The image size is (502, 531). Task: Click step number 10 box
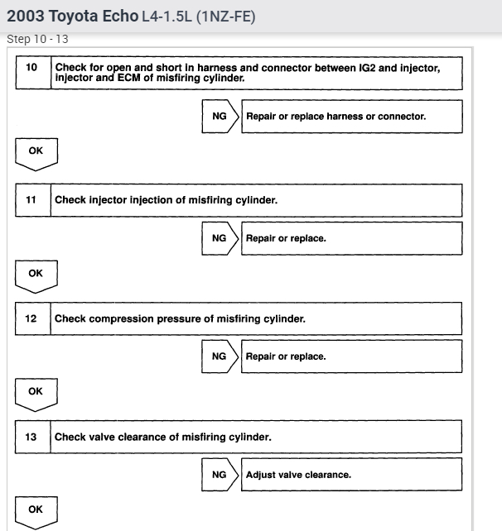pyautogui.click(x=32, y=72)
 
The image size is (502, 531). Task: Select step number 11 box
pyautogui.click(x=32, y=199)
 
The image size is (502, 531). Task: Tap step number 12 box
pyautogui.click(x=32, y=318)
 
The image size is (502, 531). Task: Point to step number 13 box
pyautogui.click(x=32, y=437)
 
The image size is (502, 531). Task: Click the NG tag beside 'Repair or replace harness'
pyautogui.click(x=219, y=117)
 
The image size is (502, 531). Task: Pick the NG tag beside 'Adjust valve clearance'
pyautogui.click(x=219, y=475)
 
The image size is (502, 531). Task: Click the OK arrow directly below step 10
pyautogui.click(x=36, y=153)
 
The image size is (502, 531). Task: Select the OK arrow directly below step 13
pyautogui.click(x=36, y=511)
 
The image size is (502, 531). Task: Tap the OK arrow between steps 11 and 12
pyautogui.click(x=36, y=274)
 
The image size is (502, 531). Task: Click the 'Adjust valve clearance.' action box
pyautogui.click(x=351, y=475)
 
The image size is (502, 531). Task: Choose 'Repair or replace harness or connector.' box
pyautogui.click(x=351, y=117)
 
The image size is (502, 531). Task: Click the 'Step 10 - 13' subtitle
pyautogui.click(x=37, y=39)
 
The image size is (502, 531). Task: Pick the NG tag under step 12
pyautogui.click(x=219, y=356)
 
